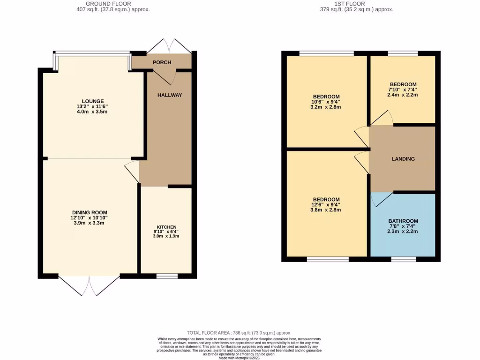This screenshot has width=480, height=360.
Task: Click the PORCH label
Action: coord(162,62)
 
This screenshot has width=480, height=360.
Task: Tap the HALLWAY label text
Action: coord(169,95)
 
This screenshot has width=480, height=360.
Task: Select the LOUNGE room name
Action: coord(93,101)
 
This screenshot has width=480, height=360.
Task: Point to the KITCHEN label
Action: coord(166,227)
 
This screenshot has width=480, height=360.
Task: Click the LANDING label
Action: coord(403,159)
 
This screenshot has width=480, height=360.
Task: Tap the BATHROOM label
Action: coord(403,221)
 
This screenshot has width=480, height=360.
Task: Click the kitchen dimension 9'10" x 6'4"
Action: coord(166,232)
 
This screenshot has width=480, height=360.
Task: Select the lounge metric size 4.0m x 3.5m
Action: coord(93,112)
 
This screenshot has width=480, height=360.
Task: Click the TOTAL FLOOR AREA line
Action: coord(239,332)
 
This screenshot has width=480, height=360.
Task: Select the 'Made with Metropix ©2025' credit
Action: coord(239,358)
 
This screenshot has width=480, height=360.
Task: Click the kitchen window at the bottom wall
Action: coord(167,276)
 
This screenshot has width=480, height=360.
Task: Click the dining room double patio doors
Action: coord(89,285)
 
